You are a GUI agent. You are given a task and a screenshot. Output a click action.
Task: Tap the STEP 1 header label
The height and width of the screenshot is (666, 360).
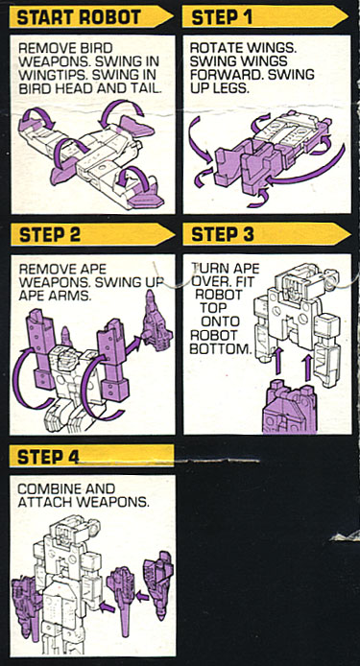pos(224,17)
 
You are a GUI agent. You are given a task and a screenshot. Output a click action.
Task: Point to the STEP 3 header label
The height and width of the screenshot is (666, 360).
pos(224,233)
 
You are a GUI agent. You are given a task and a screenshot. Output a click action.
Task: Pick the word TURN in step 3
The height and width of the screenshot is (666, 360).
pos(208,268)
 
